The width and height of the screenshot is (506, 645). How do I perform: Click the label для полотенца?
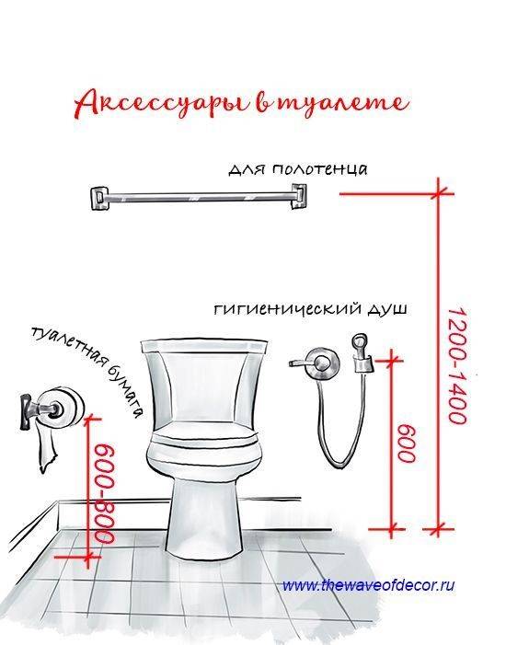[298, 169]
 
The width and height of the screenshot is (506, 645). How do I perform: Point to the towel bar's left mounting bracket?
[97, 198]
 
